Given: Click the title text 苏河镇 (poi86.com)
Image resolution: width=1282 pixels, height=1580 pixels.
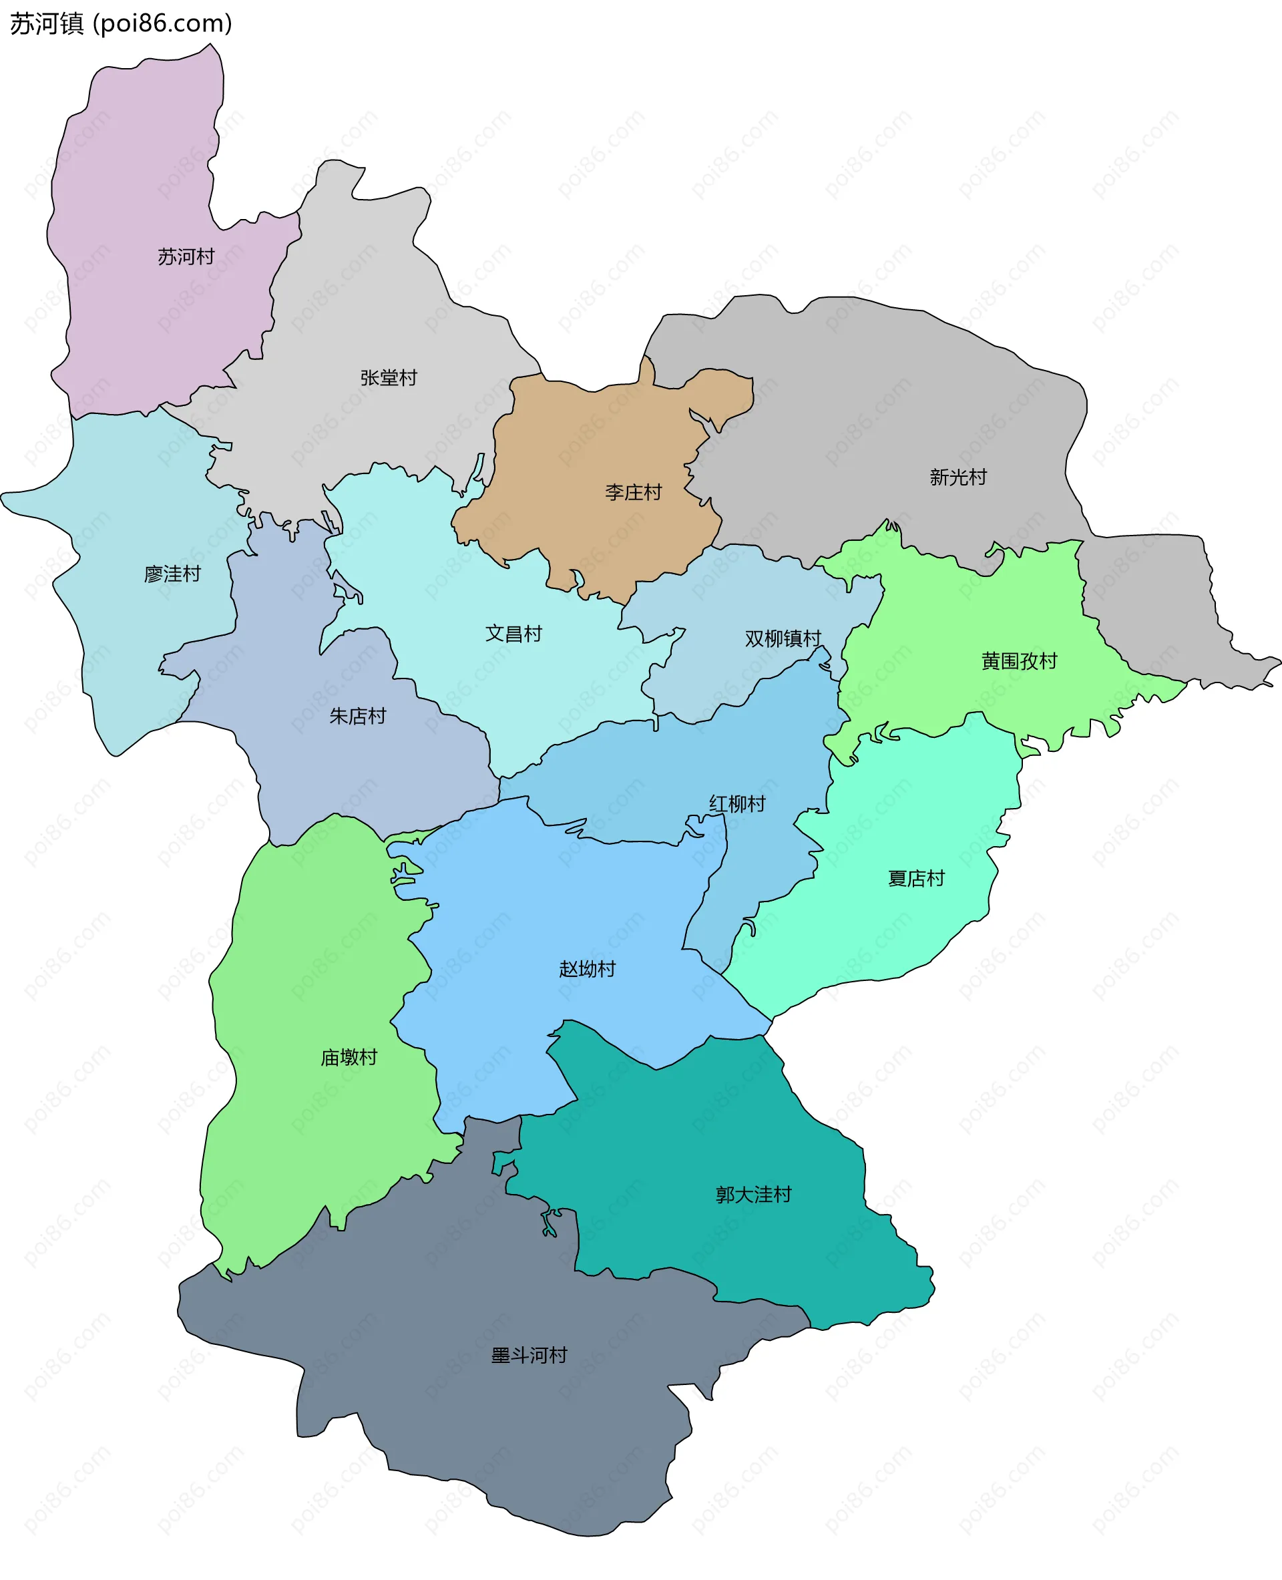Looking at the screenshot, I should (121, 23).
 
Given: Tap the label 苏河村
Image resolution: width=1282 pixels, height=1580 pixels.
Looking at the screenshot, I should (186, 256).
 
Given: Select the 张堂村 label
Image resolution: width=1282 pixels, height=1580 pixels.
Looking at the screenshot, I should (389, 377).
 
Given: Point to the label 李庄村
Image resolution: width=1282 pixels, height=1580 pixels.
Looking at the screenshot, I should (633, 492).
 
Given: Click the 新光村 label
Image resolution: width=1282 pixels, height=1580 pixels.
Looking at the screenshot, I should (957, 477).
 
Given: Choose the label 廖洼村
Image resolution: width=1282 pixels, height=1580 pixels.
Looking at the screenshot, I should (172, 574).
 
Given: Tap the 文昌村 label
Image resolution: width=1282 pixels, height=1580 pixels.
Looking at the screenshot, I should (513, 633).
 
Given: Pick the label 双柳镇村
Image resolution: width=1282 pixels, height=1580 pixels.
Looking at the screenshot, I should (783, 638).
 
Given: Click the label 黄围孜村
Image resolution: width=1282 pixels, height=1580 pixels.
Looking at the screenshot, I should (1019, 660).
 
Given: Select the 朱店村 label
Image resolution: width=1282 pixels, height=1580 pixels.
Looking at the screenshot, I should (357, 716).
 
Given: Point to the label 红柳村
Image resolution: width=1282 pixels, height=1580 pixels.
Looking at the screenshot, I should (737, 803).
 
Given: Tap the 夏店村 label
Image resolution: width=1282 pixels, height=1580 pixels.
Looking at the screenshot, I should (915, 878).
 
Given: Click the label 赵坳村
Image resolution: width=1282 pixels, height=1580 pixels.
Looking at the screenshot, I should (587, 968).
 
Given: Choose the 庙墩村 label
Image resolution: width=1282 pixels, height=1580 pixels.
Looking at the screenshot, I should (349, 1057).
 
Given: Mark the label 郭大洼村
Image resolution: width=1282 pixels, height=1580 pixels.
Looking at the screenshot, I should (753, 1195).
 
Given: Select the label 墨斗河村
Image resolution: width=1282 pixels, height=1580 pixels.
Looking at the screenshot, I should (529, 1355).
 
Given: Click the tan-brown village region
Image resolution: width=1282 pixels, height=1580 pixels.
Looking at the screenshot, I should (591, 443).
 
